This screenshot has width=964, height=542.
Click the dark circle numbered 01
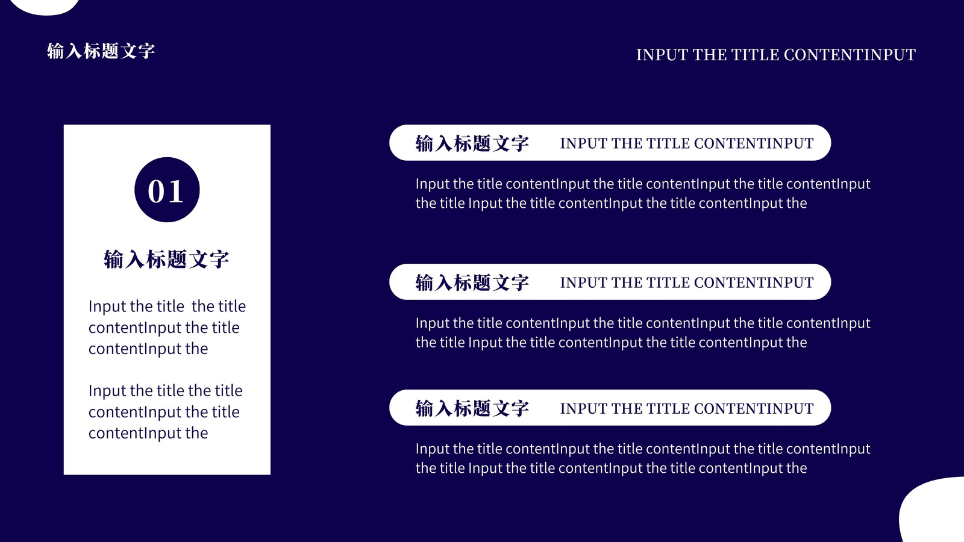tap(167, 190)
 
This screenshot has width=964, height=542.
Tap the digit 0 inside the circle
tap(157, 192)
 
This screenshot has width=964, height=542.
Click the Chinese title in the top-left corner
tap(101, 51)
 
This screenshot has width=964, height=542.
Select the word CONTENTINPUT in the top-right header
tap(850, 55)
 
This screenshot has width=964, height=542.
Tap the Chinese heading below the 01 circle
tap(166, 259)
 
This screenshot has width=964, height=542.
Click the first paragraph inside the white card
tap(167, 328)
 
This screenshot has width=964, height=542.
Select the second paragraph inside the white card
tap(165, 412)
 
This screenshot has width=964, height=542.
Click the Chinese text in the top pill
tap(472, 143)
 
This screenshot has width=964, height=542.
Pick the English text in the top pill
tap(687, 143)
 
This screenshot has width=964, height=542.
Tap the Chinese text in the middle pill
tap(472, 282)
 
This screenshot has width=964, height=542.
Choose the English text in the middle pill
tap(687, 282)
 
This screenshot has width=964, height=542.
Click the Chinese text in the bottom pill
tap(472, 408)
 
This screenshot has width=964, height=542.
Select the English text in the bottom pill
tap(687, 408)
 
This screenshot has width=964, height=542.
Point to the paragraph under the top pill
tap(643, 193)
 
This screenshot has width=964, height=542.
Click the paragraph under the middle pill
tap(643, 332)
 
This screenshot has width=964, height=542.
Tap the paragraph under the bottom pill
tap(643, 458)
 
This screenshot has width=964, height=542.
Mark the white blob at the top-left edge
tap(45, 7)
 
